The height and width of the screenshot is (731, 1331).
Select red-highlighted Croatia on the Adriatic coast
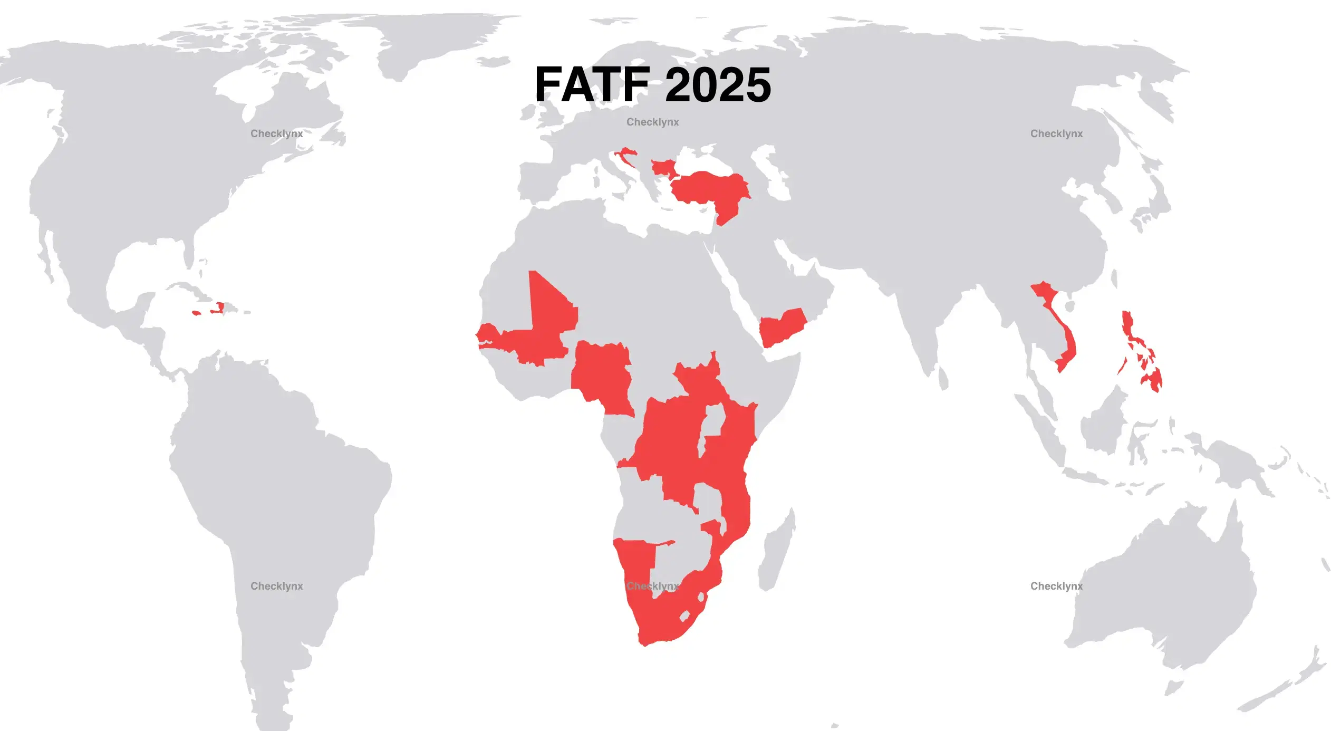coord(624,154)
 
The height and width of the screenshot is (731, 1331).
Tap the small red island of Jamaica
coord(196,313)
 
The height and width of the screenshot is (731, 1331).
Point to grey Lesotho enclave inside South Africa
coord(685,615)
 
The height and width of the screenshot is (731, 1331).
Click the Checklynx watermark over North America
coord(276,133)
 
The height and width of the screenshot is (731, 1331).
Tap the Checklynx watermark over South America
coord(276,586)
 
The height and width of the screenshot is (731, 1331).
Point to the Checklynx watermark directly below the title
coord(652,122)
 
